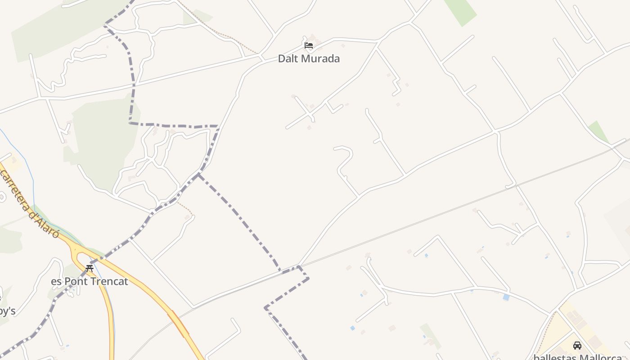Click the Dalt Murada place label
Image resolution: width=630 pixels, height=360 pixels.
tap(309, 58)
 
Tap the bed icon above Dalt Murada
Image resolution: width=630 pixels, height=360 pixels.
tap(309, 45)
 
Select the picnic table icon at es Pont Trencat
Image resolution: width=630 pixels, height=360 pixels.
tap(90, 269)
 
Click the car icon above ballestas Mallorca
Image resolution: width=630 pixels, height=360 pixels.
tap(577, 346)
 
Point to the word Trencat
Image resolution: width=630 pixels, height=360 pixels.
tap(109, 282)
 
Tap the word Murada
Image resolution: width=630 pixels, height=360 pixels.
tap(320, 58)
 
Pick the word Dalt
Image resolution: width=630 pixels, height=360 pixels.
tap(287, 58)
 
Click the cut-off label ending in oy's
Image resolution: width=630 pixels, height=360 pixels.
tap(7, 311)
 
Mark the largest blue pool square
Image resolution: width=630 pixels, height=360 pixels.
tap(506, 297)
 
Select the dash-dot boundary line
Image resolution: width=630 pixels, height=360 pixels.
tap(238, 216)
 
